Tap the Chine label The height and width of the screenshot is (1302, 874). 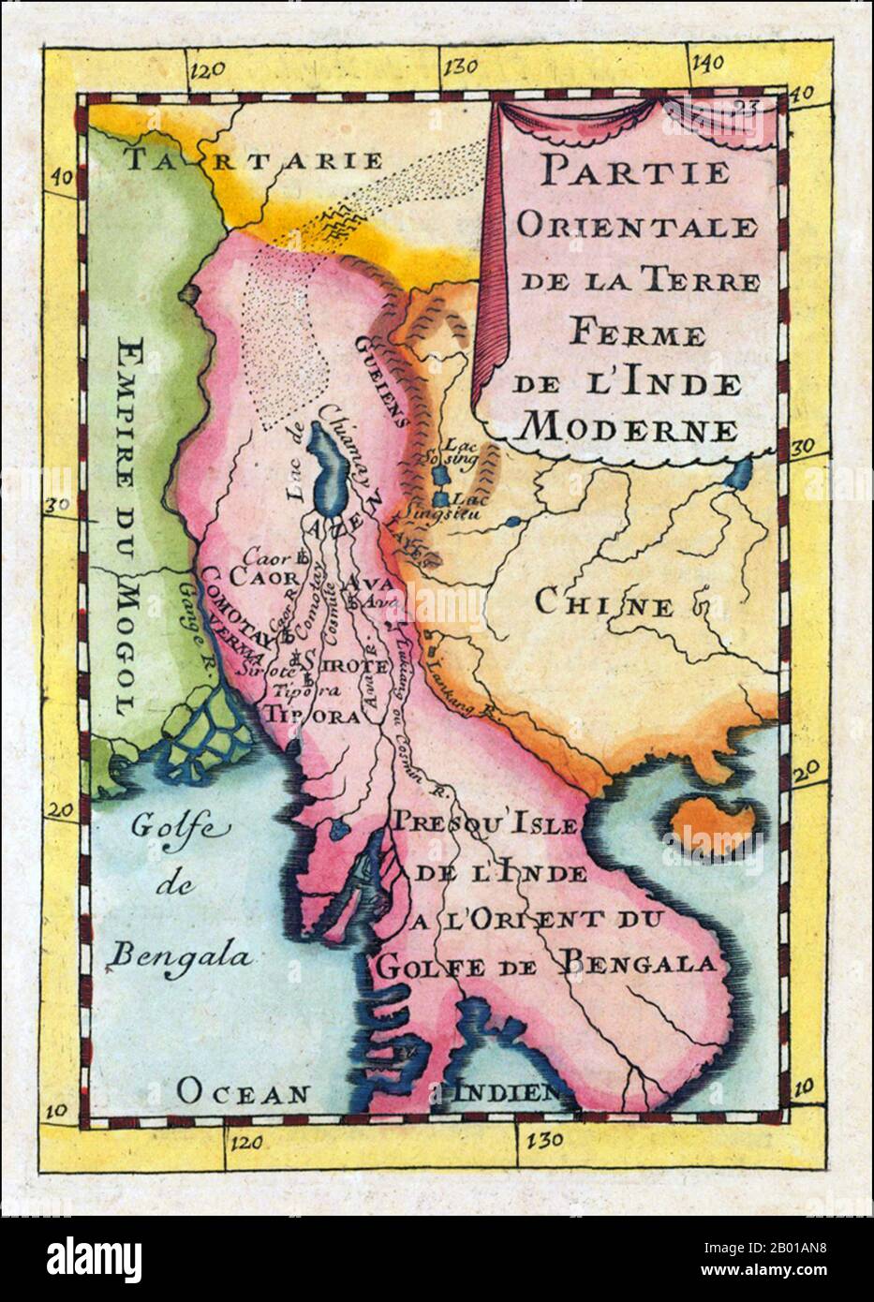coord(604,603)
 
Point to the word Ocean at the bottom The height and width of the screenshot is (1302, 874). coord(244,1091)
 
